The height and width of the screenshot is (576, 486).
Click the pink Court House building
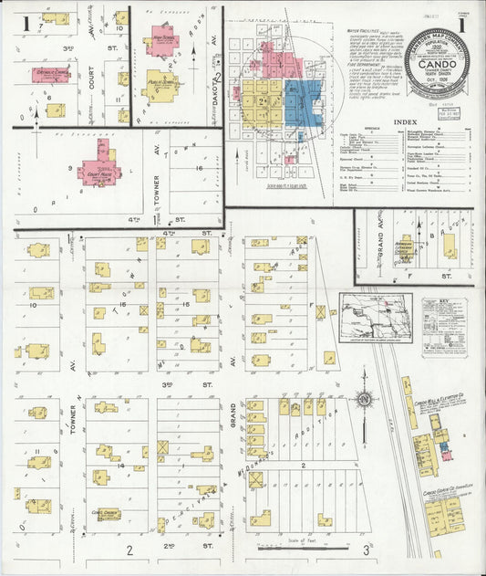click(99, 172)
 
